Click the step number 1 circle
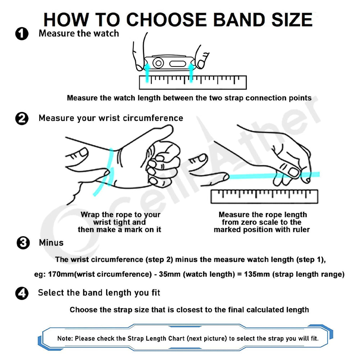[x=22, y=34]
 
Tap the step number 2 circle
[x=22, y=118]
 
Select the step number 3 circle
[x=23, y=243]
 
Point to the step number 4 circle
[x=22, y=293]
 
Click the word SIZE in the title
[x=292, y=20]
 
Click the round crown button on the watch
[x=158, y=63]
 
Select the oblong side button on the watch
[x=177, y=64]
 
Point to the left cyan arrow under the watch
[x=147, y=73]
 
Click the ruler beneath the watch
[x=193, y=82]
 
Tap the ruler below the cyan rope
[x=264, y=196]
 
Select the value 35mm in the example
[x=169, y=274]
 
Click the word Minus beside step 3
[x=51, y=243]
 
